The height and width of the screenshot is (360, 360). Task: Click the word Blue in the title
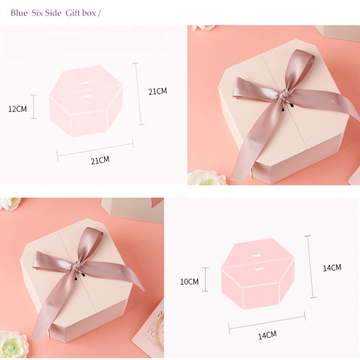tap(19, 13)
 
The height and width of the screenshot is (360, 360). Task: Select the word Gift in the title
tap(72, 13)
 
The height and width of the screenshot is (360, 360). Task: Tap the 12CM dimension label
tap(17, 109)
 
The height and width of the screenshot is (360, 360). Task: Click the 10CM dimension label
tap(189, 282)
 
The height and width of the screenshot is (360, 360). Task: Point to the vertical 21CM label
tap(158, 91)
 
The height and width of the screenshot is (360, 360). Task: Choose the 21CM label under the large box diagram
tap(100, 160)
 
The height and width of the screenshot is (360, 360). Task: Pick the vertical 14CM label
tap(332, 268)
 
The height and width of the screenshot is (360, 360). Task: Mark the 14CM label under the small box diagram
tap(267, 335)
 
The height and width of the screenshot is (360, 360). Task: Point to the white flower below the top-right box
tap(207, 177)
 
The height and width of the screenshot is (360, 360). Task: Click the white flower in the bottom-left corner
tap(13, 345)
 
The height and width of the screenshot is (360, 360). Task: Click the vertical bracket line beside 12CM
tap(34, 107)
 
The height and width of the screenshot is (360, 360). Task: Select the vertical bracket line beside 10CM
tap(206, 279)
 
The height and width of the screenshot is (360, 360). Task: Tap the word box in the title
tap(89, 13)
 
